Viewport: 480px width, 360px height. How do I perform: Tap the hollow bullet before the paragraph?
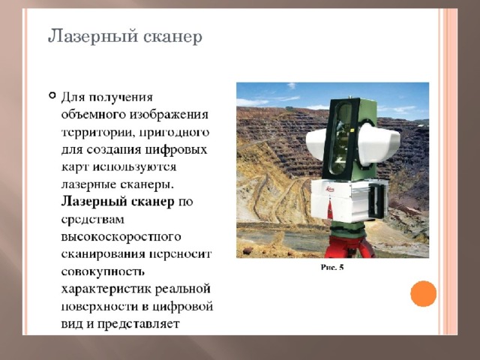point(52,95)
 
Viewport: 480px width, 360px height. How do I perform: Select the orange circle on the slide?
point(423,293)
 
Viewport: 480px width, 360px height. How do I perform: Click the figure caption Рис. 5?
point(332,267)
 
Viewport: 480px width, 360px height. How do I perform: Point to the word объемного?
point(93,115)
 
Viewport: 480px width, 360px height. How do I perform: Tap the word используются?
point(135,167)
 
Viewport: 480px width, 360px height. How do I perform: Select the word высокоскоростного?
point(121,237)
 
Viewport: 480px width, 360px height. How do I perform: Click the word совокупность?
point(103,271)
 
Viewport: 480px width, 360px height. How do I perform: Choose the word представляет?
point(138,324)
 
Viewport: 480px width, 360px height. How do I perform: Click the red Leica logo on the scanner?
point(330,190)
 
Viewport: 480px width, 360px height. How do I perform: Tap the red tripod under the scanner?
point(350,246)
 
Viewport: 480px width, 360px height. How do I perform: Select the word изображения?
point(169,115)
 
